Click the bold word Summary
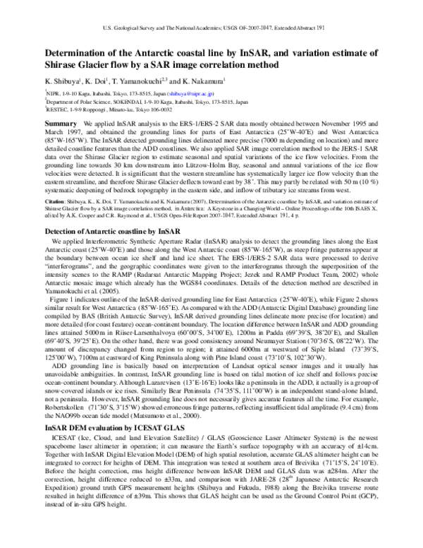click(x=61, y=124)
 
